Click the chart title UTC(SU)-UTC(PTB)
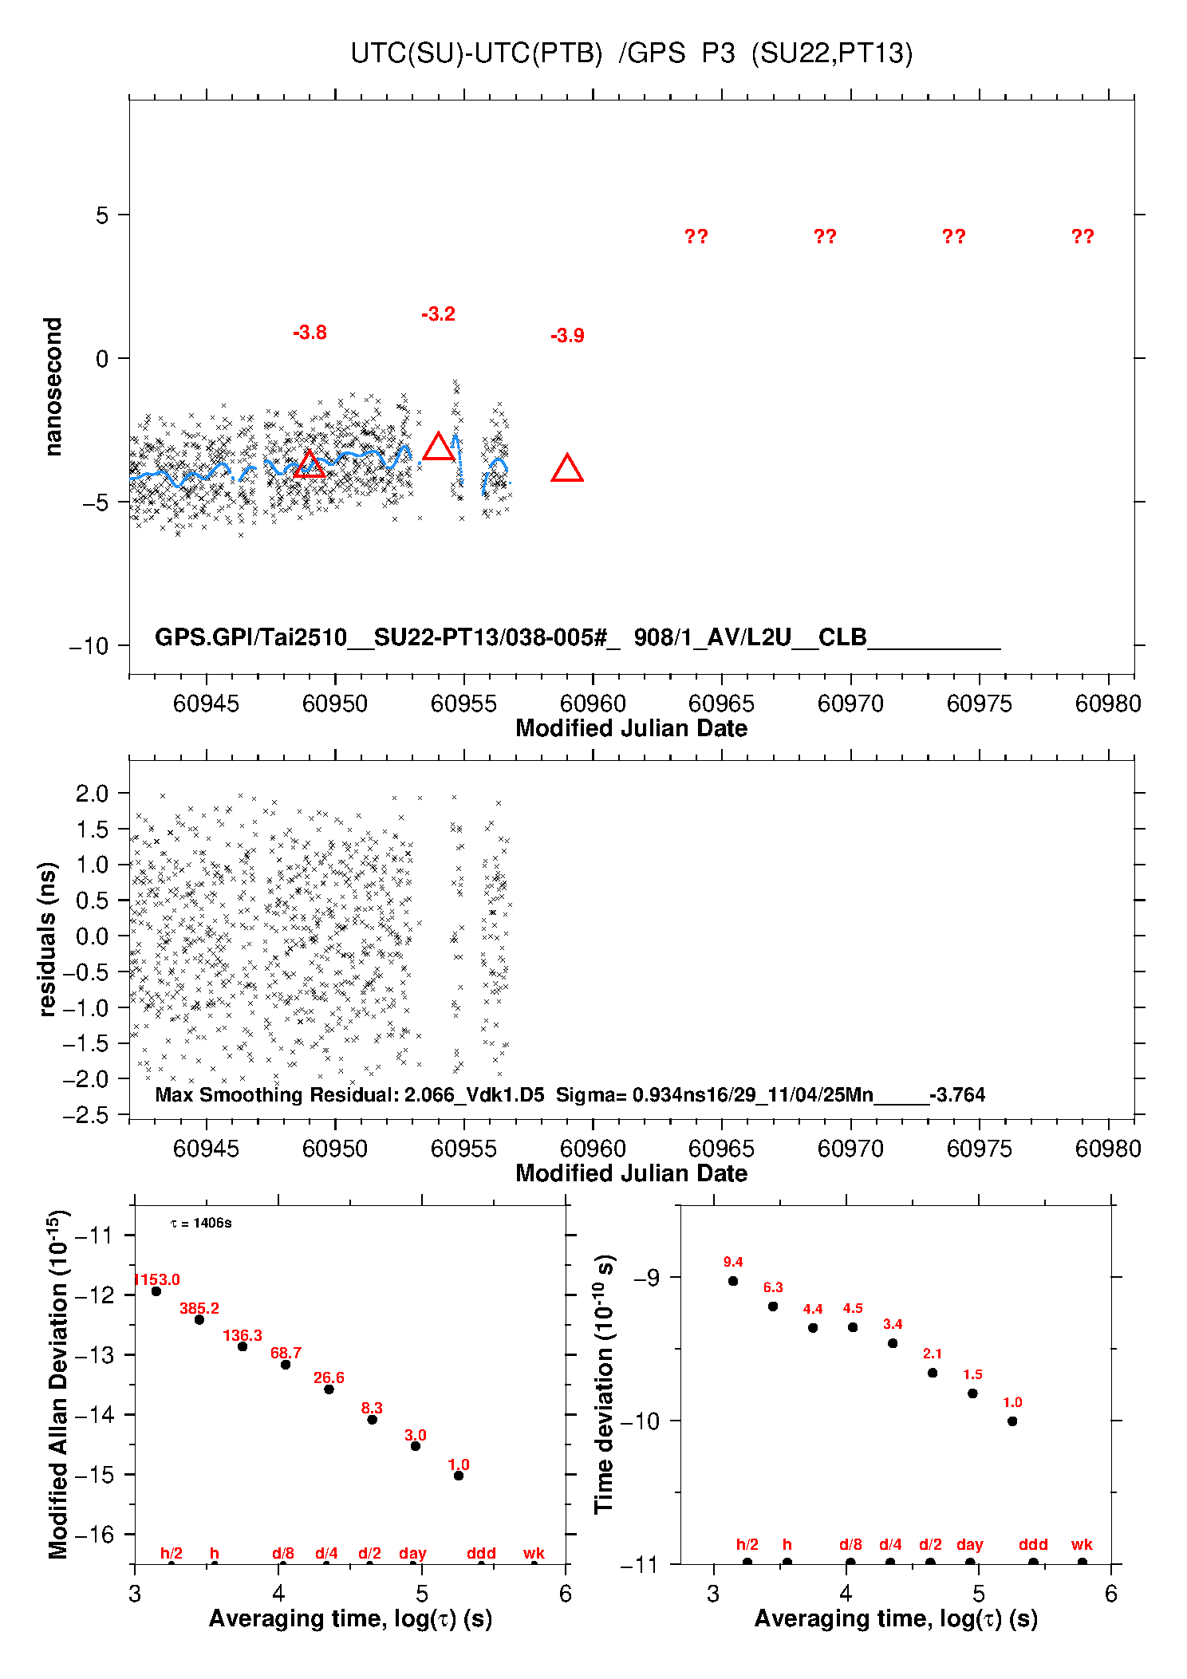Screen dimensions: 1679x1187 [476, 53]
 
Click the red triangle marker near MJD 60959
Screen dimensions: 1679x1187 [567, 469]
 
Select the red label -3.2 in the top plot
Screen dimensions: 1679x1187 [438, 314]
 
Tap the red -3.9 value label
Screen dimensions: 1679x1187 [567, 336]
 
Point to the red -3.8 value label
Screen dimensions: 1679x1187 [310, 333]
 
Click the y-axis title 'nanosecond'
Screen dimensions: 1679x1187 [53, 387]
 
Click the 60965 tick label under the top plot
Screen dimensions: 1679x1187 [721, 704]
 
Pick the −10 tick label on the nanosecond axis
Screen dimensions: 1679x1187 [89, 645]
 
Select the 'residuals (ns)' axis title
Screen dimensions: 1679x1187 [48, 939]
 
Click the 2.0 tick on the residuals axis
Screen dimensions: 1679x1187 [92, 793]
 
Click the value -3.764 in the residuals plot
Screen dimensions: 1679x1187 [957, 1094]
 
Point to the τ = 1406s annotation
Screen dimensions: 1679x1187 [201, 1223]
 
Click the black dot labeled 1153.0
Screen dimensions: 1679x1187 [156, 1291]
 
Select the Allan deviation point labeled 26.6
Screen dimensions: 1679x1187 [329, 1389]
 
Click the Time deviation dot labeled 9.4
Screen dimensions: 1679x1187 [733, 1281]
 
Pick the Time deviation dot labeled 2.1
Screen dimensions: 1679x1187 [933, 1373]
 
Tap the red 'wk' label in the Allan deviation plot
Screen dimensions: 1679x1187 [534, 1553]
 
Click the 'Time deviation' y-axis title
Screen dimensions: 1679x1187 [604, 1385]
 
